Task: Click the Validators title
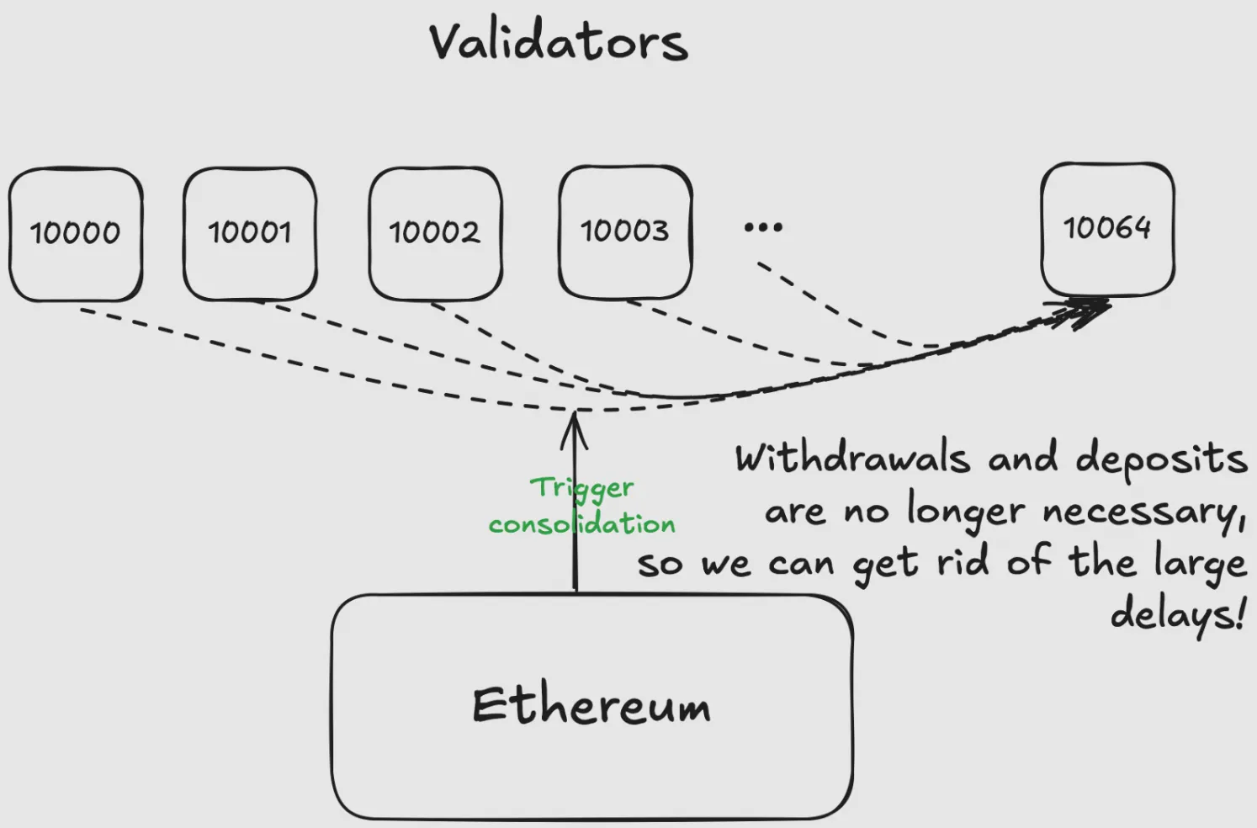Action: pyautogui.click(x=558, y=42)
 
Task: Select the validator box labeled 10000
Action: pyautogui.click(x=76, y=233)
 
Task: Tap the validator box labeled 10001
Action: pyautogui.click(x=250, y=232)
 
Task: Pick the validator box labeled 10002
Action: pyautogui.click(x=435, y=232)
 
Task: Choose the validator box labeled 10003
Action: pyautogui.click(x=625, y=231)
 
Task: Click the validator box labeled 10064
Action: pyautogui.click(x=1107, y=228)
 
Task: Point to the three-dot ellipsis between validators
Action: pyautogui.click(x=763, y=227)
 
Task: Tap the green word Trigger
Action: pyautogui.click(x=582, y=488)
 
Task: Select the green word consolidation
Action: pyautogui.click(x=582, y=524)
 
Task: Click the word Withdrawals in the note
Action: pyautogui.click(x=852, y=459)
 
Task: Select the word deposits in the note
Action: pyautogui.click(x=1161, y=459)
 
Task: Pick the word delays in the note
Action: pyautogui.click(x=1176, y=614)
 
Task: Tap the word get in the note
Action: pyautogui.click(x=885, y=565)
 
